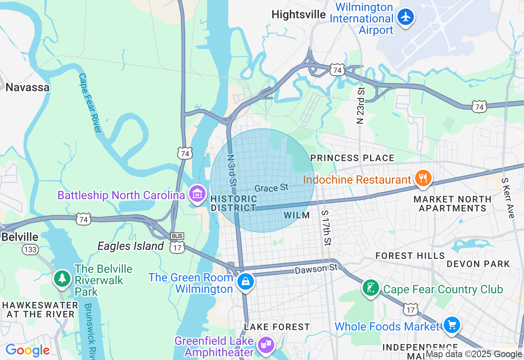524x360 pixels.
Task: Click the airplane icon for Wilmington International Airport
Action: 406,17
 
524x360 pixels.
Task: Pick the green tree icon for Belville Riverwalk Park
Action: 62,278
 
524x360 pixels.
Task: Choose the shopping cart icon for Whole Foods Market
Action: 452,326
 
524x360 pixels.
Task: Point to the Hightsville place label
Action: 299,15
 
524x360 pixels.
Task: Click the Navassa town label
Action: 27,87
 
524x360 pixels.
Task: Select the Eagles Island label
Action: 131,246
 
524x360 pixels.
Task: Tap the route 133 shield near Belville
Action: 30,249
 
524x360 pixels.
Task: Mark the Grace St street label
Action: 271,188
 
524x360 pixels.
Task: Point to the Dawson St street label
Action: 316,269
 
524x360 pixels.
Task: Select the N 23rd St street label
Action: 360,105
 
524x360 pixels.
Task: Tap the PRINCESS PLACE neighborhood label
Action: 352,158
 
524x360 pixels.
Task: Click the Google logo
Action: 27,350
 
